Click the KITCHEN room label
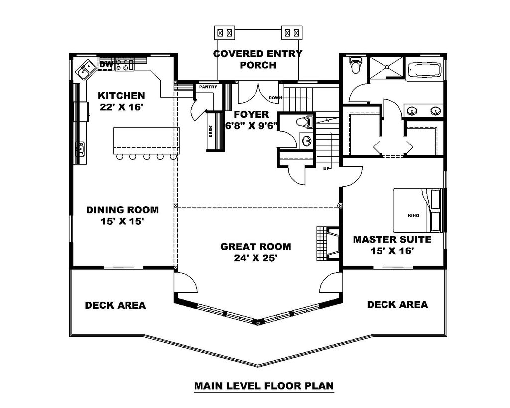pyautogui.click(x=121, y=95)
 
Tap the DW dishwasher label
pyautogui.click(x=105, y=65)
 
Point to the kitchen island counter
pyautogui.click(x=146, y=140)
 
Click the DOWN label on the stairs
pyautogui.click(x=275, y=98)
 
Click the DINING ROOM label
pyautogui.click(x=123, y=210)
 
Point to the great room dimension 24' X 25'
pyautogui.click(x=255, y=258)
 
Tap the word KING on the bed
pyautogui.click(x=413, y=215)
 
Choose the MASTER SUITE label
pyautogui.click(x=392, y=239)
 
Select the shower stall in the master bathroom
pyautogui.click(x=385, y=68)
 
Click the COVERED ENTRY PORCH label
pyautogui.click(x=257, y=59)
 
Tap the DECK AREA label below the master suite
pyautogui.click(x=397, y=304)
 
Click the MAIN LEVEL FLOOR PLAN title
pyautogui.click(x=263, y=385)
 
